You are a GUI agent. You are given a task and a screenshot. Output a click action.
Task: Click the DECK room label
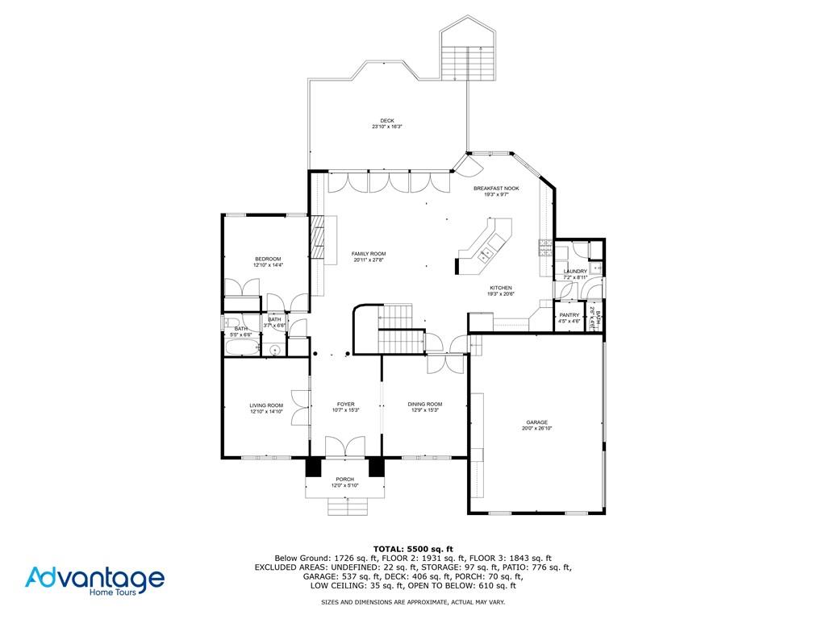click(x=387, y=121)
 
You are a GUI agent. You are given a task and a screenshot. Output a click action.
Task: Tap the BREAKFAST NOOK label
click(x=496, y=188)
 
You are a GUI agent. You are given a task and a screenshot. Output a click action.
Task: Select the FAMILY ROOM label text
click(x=369, y=254)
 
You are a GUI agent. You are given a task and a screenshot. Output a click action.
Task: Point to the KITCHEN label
click(x=500, y=288)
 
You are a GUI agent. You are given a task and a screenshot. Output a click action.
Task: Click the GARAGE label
click(x=536, y=422)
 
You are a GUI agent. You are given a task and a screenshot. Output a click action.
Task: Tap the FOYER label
click(x=345, y=404)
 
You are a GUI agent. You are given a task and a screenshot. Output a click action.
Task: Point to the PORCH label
click(x=345, y=480)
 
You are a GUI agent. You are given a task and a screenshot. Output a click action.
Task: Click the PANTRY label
click(x=569, y=315)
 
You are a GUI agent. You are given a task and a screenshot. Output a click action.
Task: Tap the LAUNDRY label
click(x=575, y=272)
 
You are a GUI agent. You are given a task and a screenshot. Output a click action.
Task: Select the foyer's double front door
click(x=345, y=447)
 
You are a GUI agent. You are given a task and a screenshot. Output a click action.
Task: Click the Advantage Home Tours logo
click(x=94, y=580)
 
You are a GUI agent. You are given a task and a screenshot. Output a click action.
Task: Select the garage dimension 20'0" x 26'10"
click(x=536, y=429)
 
